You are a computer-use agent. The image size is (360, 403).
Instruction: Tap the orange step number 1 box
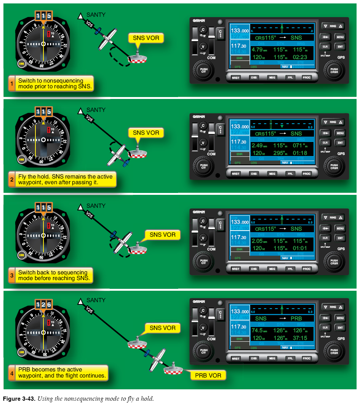click(x=11, y=83)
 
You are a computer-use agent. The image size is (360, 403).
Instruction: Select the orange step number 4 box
click(x=11, y=373)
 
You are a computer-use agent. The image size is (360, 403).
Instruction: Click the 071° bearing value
click(x=300, y=145)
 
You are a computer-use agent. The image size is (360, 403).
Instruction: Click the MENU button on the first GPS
click(x=340, y=37)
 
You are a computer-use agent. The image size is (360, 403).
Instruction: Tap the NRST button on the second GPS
click(x=236, y=174)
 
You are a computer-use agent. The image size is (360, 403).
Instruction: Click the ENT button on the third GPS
click(x=340, y=237)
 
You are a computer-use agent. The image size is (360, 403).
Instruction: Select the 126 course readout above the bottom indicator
click(x=43, y=304)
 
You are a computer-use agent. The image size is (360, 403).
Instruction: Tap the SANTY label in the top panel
click(x=96, y=15)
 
